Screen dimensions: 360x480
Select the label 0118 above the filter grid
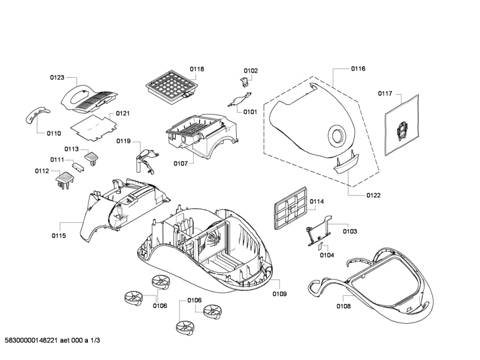tap(197, 69)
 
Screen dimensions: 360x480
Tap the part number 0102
tap(250, 71)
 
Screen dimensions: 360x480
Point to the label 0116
tap(358, 69)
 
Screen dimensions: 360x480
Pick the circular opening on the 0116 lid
tap(336, 135)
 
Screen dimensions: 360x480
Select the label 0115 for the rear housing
tap(59, 235)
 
